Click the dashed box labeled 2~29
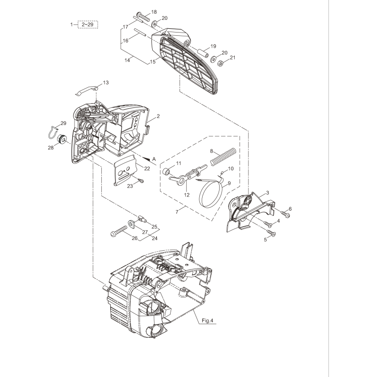[88, 24]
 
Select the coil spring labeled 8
[222, 157]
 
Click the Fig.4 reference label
[207, 321]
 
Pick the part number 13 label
[106, 83]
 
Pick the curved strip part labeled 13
[87, 88]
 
